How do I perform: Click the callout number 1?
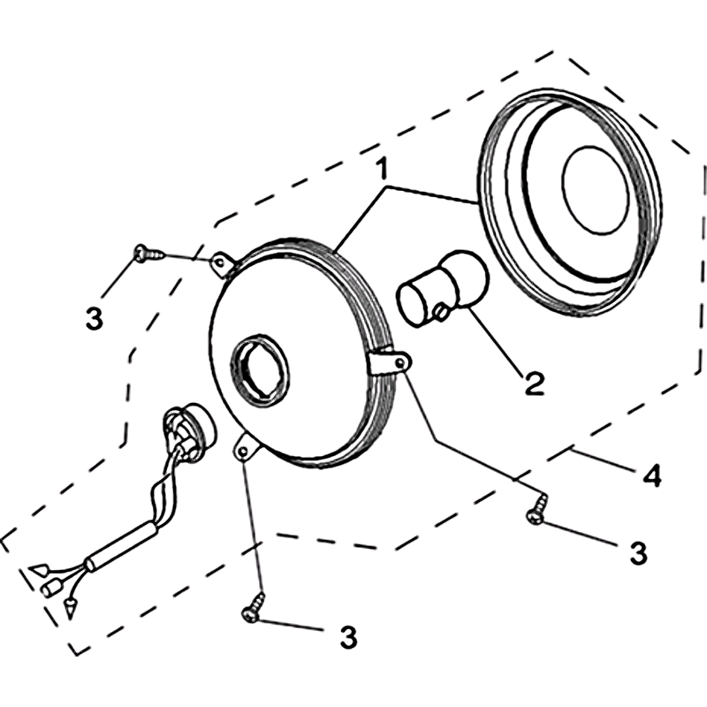[382, 169]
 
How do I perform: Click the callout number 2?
[535, 384]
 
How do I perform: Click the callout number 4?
[652, 476]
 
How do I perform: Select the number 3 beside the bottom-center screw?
[348, 636]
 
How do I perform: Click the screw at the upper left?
[149, 254]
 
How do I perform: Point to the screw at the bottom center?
[255, 608]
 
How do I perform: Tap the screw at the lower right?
[537, 511]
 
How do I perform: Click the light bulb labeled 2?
[443, 289]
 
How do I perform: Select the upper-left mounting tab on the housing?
[223, 264]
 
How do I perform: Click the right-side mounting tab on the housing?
[390, 363]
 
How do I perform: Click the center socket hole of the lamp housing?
[260, 369]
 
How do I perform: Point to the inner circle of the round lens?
[596, 190]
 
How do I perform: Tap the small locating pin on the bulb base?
[440, 312]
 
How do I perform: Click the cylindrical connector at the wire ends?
[52, 589]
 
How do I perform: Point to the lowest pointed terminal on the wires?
[70, 608]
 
